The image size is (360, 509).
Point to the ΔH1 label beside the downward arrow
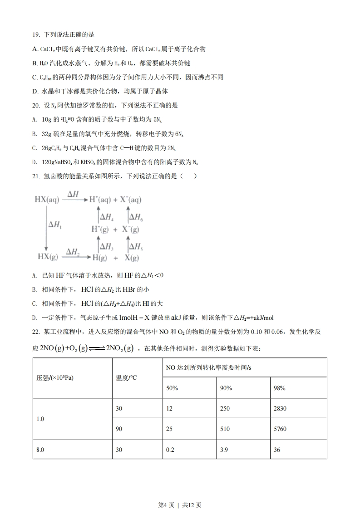click(x=55, y=225)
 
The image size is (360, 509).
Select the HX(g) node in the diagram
click(x=48, y=257)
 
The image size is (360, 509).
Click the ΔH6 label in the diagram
click(x=136, y=217)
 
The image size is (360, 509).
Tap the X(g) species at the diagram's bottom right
click(x=132, y=258)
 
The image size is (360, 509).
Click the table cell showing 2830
click(x=280, y=408)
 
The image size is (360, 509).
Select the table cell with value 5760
click(x=280, y=429)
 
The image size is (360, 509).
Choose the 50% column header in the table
click(x=172, y=388)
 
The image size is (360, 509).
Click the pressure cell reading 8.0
click(x=40, y=450)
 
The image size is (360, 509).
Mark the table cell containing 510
click(x=225, y=429)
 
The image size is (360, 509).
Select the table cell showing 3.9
click(x=224, y=450)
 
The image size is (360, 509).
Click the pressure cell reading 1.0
click(x=40, y=419)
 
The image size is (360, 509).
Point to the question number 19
click(x=36, y=34)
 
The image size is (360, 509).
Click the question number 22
click(x=36, y=332)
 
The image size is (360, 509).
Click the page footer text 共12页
click(x=192, y=492)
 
